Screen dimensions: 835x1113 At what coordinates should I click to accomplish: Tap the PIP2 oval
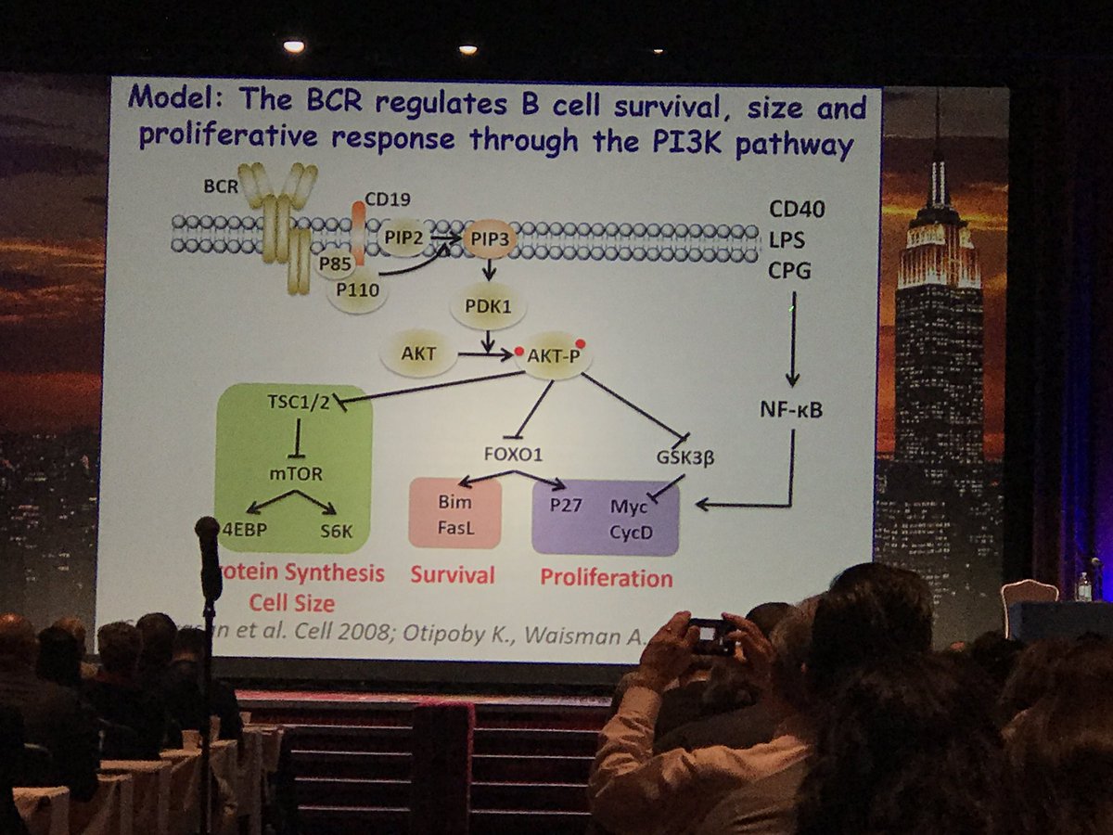pyautogui.click(x=406, y=238)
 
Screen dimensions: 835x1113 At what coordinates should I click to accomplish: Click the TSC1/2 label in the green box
pyautogui.click(x=296, y=403)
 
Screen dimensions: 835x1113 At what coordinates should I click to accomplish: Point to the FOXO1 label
pyautogui.click(x=513, y=455)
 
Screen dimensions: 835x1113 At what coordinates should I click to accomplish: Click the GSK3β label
pyautogui.click(x=683, y=455)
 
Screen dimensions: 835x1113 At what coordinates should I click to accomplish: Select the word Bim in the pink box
pyautogui.click(x=454, y=502)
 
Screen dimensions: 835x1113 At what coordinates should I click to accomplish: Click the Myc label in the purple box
pyautogui.click(x=630, y=507)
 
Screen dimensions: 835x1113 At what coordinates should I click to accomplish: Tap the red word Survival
pyautogui.click(x=453, y=575)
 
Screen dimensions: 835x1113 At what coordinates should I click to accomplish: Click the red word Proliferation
pyautogui.click(x=607, y=578)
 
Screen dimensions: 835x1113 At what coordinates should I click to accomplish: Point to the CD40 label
pyautogui.click(x=797, y=209)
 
